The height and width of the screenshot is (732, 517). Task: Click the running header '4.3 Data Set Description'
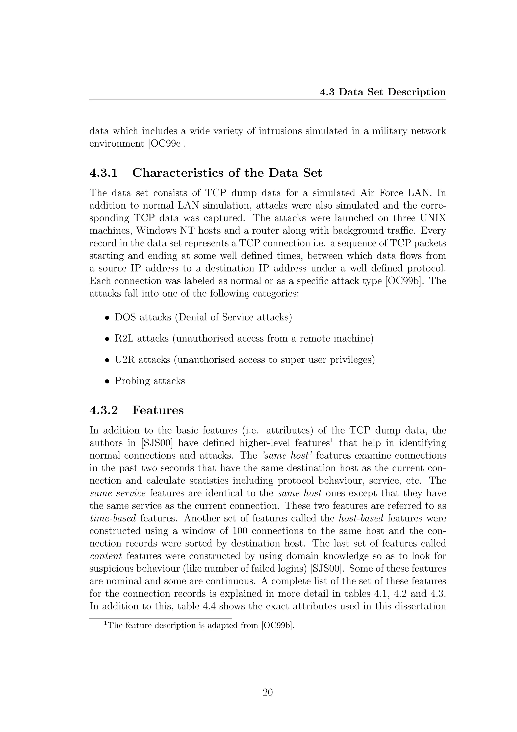tap(383, 92)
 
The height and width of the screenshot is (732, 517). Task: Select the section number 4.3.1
tap(104, 173)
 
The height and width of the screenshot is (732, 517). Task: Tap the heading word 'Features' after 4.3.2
tap(158, 410)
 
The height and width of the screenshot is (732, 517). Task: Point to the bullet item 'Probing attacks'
tap(150, 381)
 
